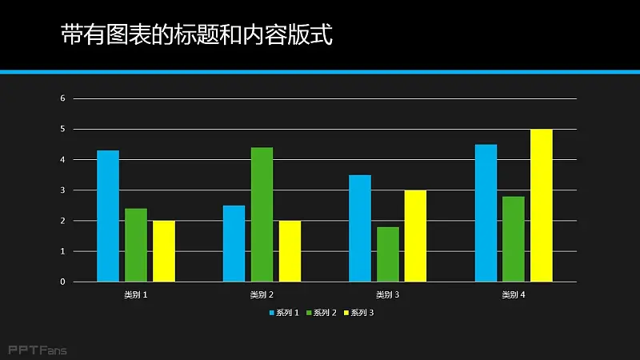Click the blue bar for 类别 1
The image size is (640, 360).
tap(108, 216)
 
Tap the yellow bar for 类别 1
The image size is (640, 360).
tap(164, 251)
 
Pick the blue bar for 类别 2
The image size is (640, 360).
tap(234, 243)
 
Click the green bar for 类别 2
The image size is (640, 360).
tap(262, 214)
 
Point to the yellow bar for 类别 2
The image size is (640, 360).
tap(290, 251)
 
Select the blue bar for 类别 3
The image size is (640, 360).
tap(360, 228)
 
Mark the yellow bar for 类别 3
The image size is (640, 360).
tap(415, 236)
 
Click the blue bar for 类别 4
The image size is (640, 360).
tap(486, 213)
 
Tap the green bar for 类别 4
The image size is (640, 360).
tap(514, 239)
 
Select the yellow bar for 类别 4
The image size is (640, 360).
tap(542, 206)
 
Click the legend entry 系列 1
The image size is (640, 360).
tap(284, 313)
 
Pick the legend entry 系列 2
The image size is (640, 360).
tap(322, 313)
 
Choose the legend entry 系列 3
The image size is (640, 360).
tap(359, 313)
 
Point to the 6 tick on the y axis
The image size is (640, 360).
tap(62, 98)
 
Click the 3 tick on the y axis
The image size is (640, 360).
tap(62, 190)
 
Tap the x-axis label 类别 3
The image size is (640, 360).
tap(387, 295)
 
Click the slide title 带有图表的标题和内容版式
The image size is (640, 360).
tap(196, 35)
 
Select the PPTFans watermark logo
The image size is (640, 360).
tap(38, 350)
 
